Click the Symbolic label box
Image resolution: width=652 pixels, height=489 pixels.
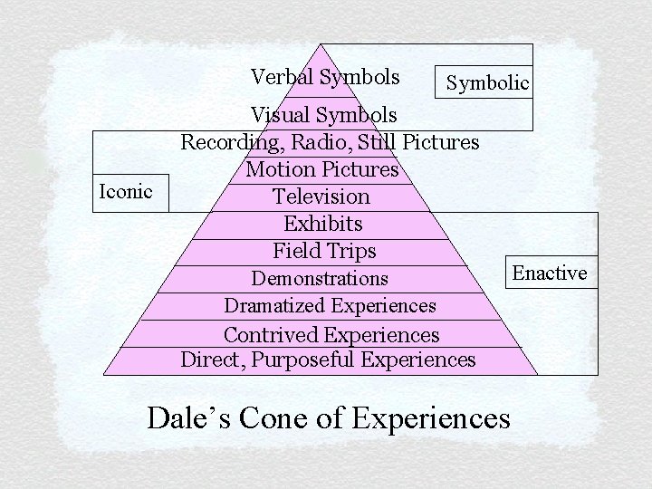click(487, 83)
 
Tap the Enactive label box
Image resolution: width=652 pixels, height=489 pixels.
click(550, 273)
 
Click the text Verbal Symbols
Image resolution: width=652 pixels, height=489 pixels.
click(325, 77)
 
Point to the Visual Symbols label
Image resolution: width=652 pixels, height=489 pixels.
click(323, 115)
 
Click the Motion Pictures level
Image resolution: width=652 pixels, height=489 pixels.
click(322, 169)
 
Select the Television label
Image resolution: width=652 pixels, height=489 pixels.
click(321, 197)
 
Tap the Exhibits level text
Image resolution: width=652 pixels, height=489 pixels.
click(323, 224)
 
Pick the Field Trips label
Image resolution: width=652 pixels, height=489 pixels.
click(324, 251)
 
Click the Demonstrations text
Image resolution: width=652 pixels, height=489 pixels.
click(320, 279)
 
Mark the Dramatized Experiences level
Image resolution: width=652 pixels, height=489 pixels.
click(330, 306)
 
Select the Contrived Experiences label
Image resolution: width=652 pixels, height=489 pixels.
click(331, 335)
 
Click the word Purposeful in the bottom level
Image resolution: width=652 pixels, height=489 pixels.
click(303, 360)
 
